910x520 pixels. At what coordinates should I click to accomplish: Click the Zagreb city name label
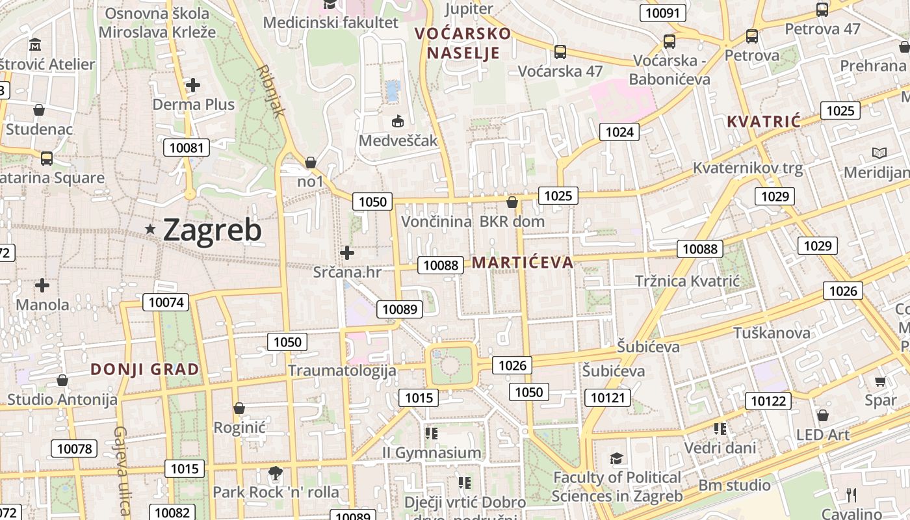pyautogui.click(x=212, y=229)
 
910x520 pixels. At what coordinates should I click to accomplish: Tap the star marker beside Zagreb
pyautogui.click(x=151, y=229)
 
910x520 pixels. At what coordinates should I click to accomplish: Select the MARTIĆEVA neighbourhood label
pyautogui.click(x=523, y=263)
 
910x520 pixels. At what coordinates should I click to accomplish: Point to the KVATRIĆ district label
pyautogui.click(x=763, y=122)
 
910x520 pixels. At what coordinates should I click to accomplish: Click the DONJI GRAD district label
pyautogui.click(x=144, y=369)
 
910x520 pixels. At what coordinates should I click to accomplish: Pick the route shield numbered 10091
pyautogui.click(x=663, y=12)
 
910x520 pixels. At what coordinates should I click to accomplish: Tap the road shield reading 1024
pyautogui.click(x=619, y=132)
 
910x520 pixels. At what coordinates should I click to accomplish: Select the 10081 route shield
pyautogui.click(x=186, y=148)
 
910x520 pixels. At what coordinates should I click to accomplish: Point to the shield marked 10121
pyautogui.click(x=608, y=397)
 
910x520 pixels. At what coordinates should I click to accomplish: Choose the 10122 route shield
pyautogui.click(x=768, y=400)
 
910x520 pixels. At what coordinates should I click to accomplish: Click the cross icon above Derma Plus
pyautogui.click(x=192, y=84)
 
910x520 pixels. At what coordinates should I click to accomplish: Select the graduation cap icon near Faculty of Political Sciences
pyautogui.click(x=616, y=459)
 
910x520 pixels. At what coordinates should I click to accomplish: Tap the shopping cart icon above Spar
pyautogui.click(x=880, y=381)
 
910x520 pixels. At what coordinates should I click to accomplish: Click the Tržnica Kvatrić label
pyautogui.click(x=687, y=281)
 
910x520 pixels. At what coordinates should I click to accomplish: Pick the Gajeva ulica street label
pyautogui.click(x=122, y=469)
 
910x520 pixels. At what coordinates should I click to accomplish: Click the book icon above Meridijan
pyautogui.click(x=879, y=153)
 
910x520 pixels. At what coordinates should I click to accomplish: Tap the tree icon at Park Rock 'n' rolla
pyautogui.click(x=276, y=473)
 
